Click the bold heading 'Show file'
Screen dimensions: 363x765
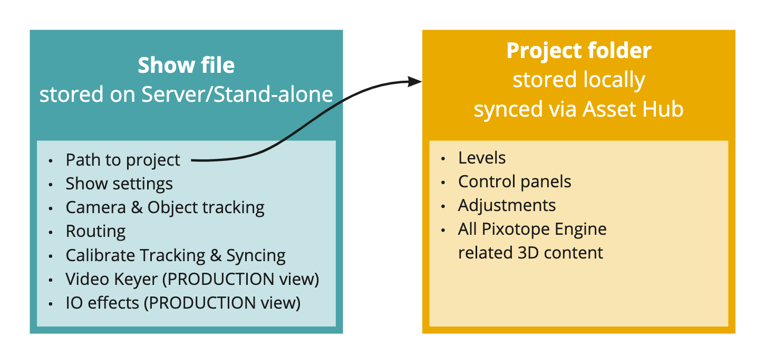pyautogui.click(x=186, y=65)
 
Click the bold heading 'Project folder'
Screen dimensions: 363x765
pyautogui.click(x=579, y=51)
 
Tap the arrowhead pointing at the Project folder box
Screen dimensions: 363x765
pyautogui.click(x=417, y=81)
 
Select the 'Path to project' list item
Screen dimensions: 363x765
pyautogui.click(x=123, y=160)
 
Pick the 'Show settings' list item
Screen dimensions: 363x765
pyautogui.click(x=119, y=184)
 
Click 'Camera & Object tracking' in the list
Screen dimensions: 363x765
pyautogui.click(x=165, y=207)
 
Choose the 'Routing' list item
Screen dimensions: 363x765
pyautogui.click(x=95, y=231)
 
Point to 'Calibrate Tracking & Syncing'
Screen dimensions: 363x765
pyautogui.click(x=176, y=255)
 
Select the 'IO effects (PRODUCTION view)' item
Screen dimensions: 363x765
pyautogui.click(x=183, y=303)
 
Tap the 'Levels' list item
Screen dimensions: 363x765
pyautogui.click(x=482, y=158)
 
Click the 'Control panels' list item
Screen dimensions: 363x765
pyautogui.click(x=515, y=182)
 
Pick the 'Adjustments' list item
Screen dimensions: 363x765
pyautogui.click(x=507, y=205)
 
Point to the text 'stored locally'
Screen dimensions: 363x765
pyautogui.click(x=579, y=80)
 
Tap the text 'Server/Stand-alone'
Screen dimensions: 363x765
pyautogui.click(x=237, y=94)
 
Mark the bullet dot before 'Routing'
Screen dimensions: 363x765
pyautogui.click(x=51, y=232)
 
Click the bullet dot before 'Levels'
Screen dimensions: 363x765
pyautogui.click(x=443, y=158)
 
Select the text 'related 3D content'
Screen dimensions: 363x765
pyautogui.click(x=530, y=253)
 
